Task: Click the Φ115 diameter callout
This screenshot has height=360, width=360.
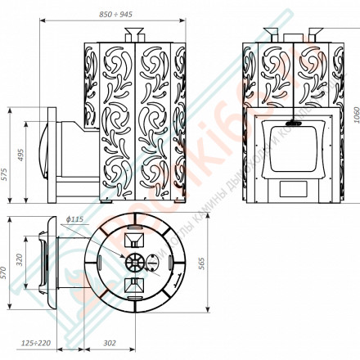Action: (74, 219)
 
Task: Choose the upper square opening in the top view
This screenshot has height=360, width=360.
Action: (132, 240)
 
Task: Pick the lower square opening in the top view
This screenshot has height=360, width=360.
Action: (132, 288)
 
